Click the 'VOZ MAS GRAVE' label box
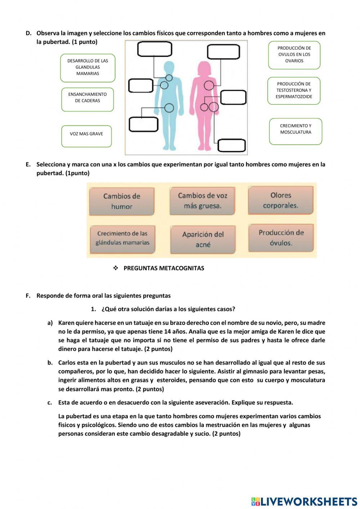tap(86, 136)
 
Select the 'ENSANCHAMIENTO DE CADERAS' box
tap(87, 99)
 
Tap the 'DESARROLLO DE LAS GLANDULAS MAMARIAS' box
tap(87, 68)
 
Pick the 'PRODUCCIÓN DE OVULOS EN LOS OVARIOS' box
tap(294, 55)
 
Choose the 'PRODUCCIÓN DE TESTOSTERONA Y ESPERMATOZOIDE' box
tap(294, 90)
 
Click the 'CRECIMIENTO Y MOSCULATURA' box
tap(296, 131)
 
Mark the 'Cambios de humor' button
tap(122, 201)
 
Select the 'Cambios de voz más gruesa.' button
tap(202, 201)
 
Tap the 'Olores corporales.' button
tap(280, 200)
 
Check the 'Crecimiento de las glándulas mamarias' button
tap(122, 238)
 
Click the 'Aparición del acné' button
tap(203, 240)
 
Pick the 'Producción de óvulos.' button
tap(281, 238)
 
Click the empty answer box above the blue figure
tap(154, 49)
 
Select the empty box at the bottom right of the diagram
tap(231, 146)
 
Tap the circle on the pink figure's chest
tap(209, 85)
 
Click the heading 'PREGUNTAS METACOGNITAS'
tap(163, 268)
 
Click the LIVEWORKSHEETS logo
tap(304, 501)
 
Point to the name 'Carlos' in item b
tap(67, 363)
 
